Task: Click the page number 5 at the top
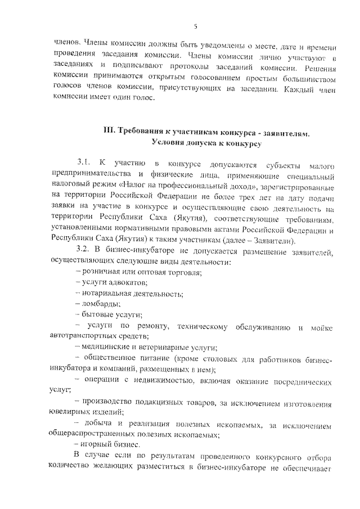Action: click(x=195, y=26)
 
